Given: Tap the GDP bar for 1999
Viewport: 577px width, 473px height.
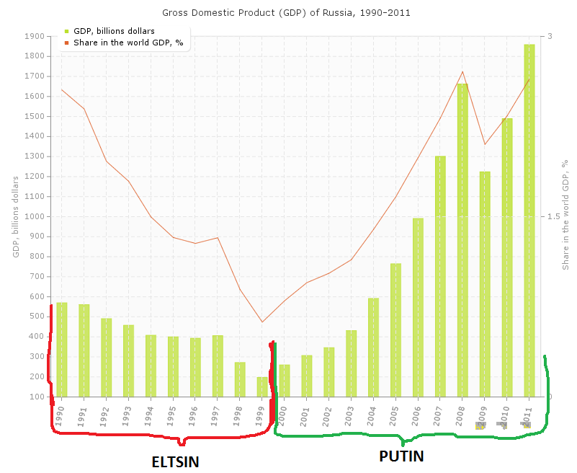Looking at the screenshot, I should coord(262,386).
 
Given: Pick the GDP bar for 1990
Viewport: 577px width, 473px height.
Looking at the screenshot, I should coord(62,349).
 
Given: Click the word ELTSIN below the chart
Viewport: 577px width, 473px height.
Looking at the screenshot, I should coord(175,461).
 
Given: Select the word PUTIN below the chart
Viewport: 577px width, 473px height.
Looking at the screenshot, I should coord(401,456).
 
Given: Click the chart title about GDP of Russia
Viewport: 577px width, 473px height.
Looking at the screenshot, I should coord(287,13).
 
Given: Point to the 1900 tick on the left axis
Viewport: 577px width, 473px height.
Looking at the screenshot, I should coord(35,36).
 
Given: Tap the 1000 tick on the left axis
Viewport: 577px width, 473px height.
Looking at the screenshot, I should coord(35,216).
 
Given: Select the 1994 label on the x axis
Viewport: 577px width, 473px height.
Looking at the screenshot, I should coord(151,408).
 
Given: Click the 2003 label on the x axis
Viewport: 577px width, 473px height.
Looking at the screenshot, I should coord(351,408).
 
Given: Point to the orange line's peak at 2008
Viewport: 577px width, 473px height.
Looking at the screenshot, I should coord(462,71).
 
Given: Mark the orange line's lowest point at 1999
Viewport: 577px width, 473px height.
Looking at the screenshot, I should coord(262,322).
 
